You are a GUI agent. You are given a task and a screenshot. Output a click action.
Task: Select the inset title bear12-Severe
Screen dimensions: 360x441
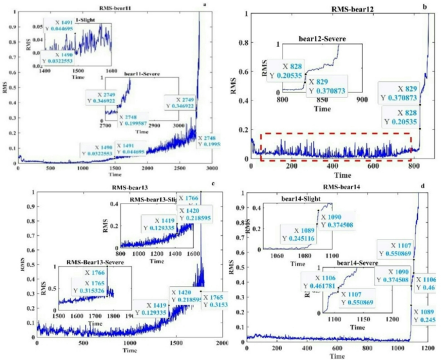click(x=323, y=39)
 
